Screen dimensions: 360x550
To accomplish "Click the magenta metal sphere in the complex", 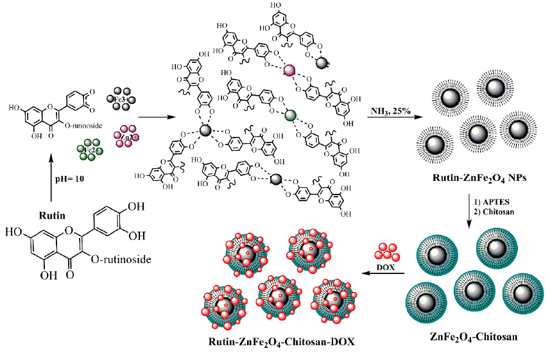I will click(x=289, y=71).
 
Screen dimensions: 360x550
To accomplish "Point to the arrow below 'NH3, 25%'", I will click(x=392, y=118).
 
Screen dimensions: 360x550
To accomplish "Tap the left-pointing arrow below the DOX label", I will click(x=384, y=275).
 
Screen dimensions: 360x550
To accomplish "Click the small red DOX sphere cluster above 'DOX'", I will click(x=388, y=251).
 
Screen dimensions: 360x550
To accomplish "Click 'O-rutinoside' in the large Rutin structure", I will click(x=125, y=258).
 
